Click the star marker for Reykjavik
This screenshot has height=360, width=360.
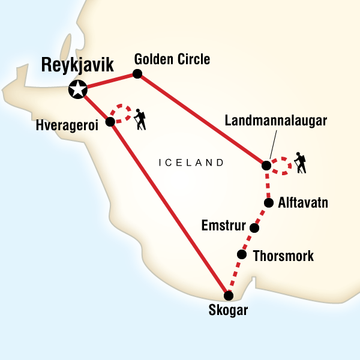78,90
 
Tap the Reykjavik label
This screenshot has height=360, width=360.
76,65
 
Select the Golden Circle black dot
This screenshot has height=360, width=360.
137,74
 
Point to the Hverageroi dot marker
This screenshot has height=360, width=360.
110,122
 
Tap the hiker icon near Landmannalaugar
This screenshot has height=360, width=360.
299,164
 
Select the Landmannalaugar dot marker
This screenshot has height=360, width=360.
266,164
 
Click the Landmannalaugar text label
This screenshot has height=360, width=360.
275,121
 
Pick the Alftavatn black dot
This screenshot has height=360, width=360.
269,202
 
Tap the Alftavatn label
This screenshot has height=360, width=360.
303,203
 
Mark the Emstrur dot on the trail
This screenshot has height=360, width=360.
254,228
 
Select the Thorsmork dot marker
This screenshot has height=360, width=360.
242,254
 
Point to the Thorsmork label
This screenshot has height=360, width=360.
283,256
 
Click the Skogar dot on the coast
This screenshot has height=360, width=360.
228,295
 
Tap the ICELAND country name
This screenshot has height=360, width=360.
191,163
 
